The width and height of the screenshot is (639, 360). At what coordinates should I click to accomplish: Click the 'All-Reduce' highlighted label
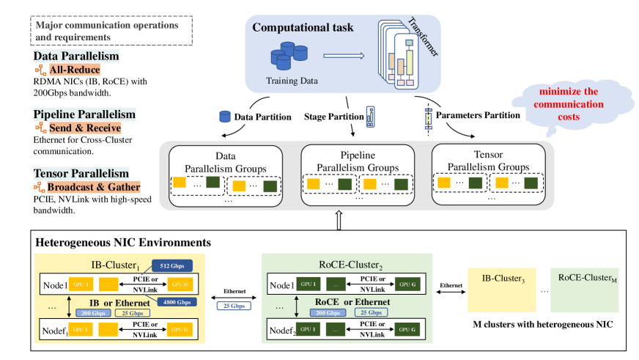79,70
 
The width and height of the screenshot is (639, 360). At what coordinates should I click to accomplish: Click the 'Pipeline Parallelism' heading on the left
84,114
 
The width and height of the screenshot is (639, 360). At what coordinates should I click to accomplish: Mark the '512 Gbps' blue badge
172,265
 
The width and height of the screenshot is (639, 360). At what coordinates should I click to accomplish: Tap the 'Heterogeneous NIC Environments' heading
123,242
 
